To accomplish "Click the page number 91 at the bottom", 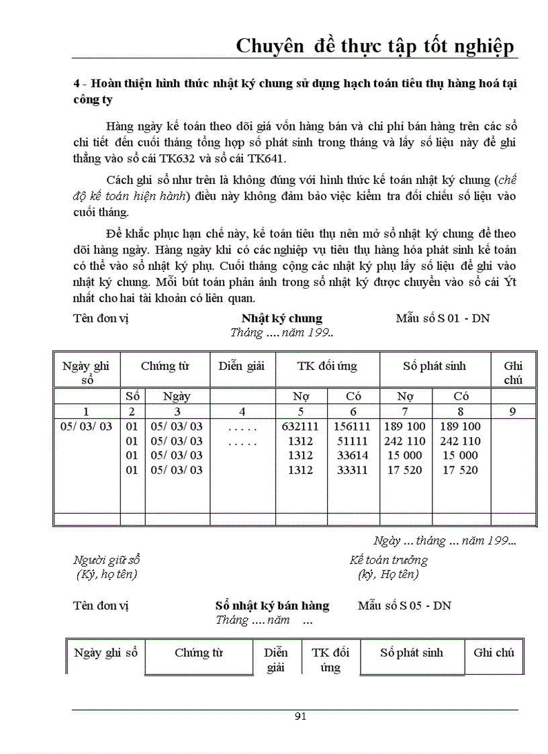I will click(x=300, y=716).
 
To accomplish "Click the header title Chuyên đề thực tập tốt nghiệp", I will click(x=375, y=46).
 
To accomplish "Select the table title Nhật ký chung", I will click(x=281, y=318).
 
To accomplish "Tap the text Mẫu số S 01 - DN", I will click(x=443, y=318).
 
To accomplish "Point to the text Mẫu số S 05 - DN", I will click(x=404, y=606).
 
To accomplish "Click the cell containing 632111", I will click(x=301, y=426).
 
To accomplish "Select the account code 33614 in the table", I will click(x=353, y=456).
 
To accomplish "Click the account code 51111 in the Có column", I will click(x=353, y=441).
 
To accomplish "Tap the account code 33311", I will click(x=353, y=471).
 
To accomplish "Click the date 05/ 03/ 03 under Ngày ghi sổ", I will click(x=87, y=426).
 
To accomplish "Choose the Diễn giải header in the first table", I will click(x=242, y=367).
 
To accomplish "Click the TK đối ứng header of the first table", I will click(x=327, y=367).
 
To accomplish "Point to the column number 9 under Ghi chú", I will click(x=512, y=412).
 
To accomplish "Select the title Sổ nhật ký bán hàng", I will click(x=272, y=606).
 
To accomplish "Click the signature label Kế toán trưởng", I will click(x=388, y=560).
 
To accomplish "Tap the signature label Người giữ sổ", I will click(x=107, y=560).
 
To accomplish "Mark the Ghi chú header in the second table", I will click(x=494, y=653).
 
